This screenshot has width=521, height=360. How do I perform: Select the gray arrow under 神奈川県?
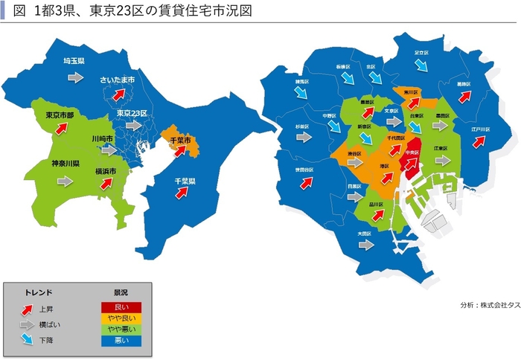coord(65,180)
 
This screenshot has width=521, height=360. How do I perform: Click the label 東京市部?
coord(60,115)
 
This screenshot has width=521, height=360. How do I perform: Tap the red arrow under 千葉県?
coord(180,193)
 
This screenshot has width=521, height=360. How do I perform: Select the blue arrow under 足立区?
coord(422,65)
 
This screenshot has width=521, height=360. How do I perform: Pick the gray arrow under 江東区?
coord(443,161)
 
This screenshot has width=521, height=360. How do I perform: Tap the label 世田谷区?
coord(304,170)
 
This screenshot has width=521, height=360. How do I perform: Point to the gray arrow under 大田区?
coord(365,245)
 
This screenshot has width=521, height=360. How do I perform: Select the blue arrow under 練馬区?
coord(301,92)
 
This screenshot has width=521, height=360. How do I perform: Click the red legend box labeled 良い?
coord(121,307)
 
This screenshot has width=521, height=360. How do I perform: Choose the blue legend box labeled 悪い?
coord(121,341)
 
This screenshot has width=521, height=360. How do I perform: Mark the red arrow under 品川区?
coord(377,214)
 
